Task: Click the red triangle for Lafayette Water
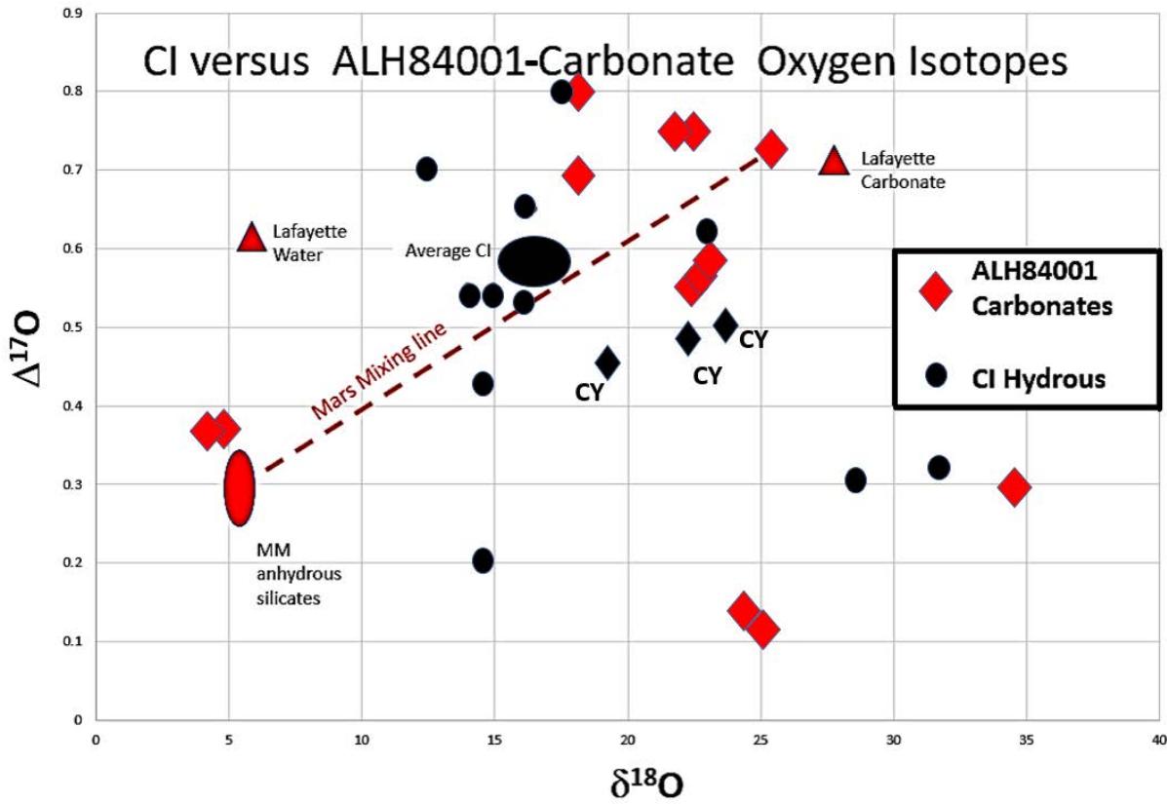tap(252, 237)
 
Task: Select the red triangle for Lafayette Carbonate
tap(834, 162)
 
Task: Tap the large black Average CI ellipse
tap(534, 261)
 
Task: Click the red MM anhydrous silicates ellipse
tap(240, 487)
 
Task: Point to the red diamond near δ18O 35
tap(1014, 486)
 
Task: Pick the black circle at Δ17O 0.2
tap(483, 560)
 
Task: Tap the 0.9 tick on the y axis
tap(74, 13)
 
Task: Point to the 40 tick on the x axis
tap(1157, 741)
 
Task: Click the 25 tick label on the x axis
tap(760, 741)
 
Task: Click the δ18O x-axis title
tap(627, 782)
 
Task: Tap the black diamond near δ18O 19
tap(607, 364)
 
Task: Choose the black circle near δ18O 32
tap(939, 468)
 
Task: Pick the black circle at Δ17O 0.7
tap(426, 169)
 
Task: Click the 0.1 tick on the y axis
tap(74, 641)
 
